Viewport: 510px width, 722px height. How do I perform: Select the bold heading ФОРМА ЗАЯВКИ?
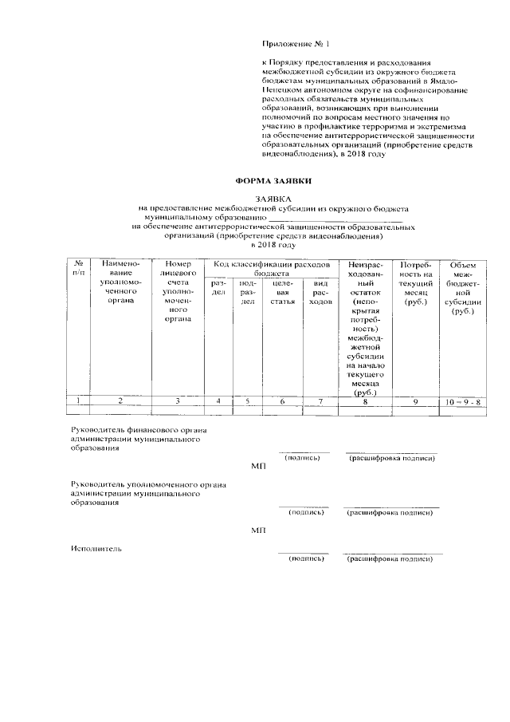[273, 182]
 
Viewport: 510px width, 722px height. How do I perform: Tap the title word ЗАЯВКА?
[273, 198]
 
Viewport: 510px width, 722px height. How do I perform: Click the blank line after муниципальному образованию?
[335, 216]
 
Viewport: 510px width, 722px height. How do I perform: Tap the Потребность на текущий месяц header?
[415, 283]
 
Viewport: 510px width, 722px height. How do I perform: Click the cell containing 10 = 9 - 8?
[462, 401]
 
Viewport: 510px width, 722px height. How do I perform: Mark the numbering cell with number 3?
[177, 401]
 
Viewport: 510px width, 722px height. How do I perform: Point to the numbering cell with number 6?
[282, 401]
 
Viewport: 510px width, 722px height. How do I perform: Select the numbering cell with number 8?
[365, 401]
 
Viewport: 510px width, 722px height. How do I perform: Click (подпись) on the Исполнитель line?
[306, 559]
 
